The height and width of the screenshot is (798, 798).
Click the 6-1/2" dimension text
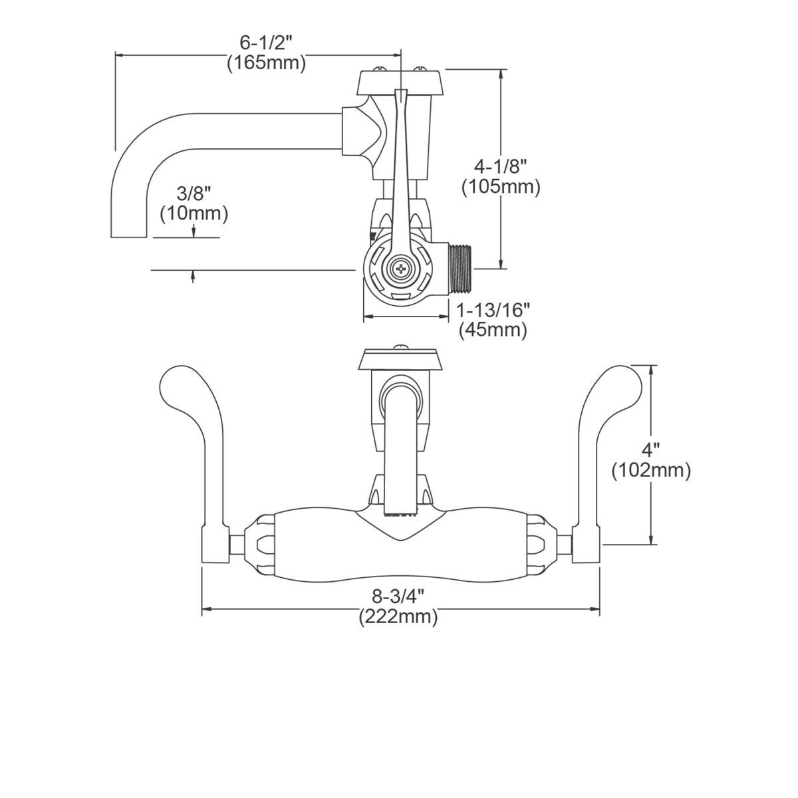[266, 43]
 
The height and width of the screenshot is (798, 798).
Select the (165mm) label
[266, 63]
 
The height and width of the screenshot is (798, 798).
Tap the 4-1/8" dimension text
[501, 166]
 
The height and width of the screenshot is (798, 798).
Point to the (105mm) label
[501, 187]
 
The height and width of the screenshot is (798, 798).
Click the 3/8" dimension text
[194, 194]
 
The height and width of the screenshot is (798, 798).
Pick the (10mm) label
[194, 213]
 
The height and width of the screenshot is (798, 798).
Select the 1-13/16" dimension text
[493, 309]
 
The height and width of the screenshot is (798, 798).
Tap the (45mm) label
[493, 330]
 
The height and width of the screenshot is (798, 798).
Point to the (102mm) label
[651, 470]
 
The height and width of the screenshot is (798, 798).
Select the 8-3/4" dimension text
[398, 596]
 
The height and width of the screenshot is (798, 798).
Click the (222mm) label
[398, 616]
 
